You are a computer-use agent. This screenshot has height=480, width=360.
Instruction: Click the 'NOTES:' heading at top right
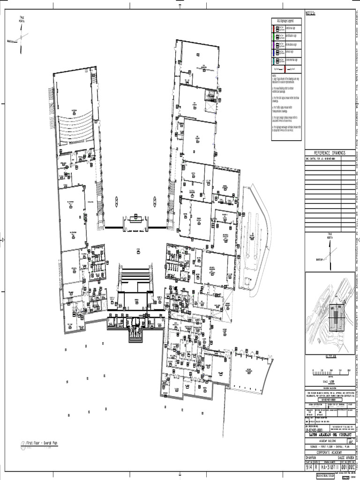pyautogui.click(x=311, y=13)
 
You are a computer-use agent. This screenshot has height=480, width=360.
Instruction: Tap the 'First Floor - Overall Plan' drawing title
pyautogui.click(x=42, y=443)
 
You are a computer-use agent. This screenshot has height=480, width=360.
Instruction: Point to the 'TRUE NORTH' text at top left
pyautogui.click(x=22, y=19)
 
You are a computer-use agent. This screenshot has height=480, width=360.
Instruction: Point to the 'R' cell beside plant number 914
pyautogui.click(x=316, y=467)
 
